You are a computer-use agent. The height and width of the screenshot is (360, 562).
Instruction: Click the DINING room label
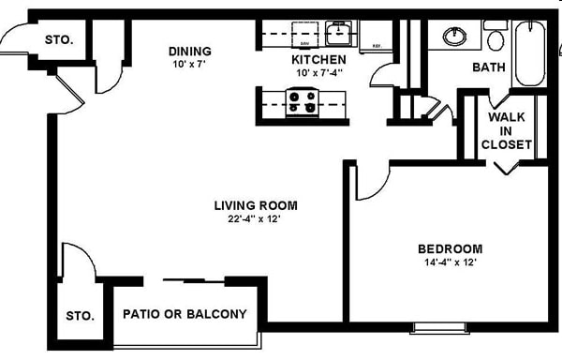pyautogui.click(x=189, y=51)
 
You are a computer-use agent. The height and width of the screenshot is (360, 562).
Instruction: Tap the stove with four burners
pyautogui.click(x=301, y=101)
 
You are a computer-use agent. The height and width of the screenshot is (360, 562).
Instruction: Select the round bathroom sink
pyautogui.click(x=456, y=36)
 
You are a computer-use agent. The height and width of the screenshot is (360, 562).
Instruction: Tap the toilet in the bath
pyautogui.click(x=495, y=38)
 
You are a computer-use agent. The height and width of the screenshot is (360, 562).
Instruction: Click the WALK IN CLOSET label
pyautogui.click(x=507, y=130)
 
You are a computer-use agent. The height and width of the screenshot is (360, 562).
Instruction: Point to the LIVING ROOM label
pyautogui.click(x=256, y=205)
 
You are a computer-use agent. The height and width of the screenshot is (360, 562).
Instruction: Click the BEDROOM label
pyautogui.click(x=450, y=248)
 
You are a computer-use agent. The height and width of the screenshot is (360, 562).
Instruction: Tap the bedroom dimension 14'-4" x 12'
pyautogui.click(x=449, y=262)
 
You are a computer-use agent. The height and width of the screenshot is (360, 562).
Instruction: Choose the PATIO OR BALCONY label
pyautogui.click(x=185, y=314)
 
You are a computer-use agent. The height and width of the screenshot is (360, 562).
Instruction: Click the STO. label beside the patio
pyautogui.click(x=80, y=316)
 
